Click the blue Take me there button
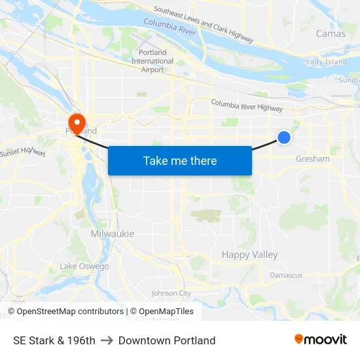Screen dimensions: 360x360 (x=180, y=160)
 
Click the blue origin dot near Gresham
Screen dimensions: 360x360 (x=284, y=137)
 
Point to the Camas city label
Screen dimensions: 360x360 (x=331, y=33)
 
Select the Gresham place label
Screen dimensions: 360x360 (x=313, y=159)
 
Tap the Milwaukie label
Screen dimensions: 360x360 (x=113, y=234)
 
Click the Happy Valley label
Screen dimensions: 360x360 (x=249, y=255)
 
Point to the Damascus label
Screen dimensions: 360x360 (x=286, y=275)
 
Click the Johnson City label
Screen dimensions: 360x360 (x=171, y=293)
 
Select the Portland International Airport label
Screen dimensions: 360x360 (x=153, y=61)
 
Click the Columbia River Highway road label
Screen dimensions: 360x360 (x=247, y=105)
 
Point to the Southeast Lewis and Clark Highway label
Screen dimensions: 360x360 (x=203, y=25)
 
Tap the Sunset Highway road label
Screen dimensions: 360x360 (x=22, y=153)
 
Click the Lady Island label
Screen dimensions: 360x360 (x=327, y=62)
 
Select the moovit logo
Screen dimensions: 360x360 (x=320, y=340)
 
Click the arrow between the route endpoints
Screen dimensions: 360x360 (x=107, y=340)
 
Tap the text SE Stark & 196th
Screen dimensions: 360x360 (x=54, y=340)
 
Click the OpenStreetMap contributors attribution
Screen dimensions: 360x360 (x=65, y=312)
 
